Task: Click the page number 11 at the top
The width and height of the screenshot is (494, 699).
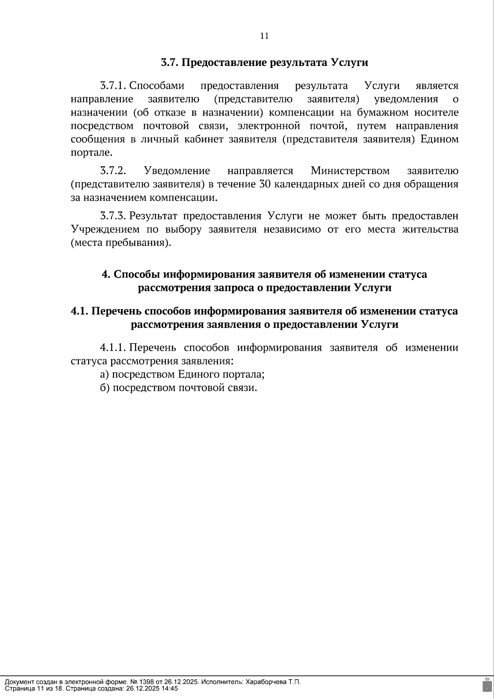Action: [264, 36]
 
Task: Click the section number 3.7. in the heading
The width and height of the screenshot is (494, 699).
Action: [169, 63]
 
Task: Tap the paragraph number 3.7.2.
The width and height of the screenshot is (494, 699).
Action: [112, 171]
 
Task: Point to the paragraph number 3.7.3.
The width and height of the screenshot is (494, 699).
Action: [112, 216]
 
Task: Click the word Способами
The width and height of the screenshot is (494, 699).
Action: [157, 86]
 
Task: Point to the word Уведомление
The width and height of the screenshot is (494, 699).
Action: [177, 171]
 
